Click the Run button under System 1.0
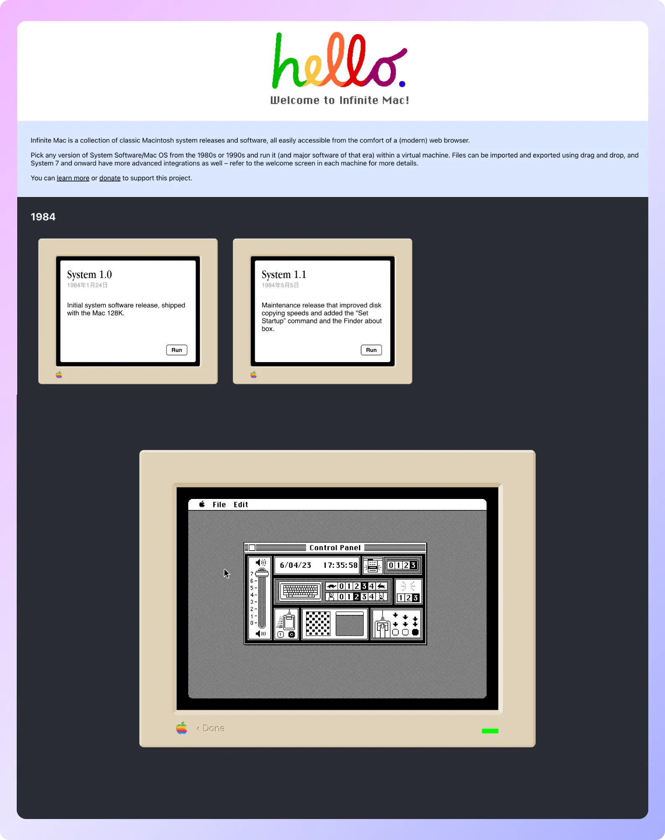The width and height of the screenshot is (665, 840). [x=177, y=350]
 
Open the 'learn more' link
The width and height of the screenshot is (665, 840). [x=73, y=178]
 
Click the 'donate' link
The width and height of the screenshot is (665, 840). [x=110, y=178]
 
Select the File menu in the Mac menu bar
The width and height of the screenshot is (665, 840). [x=219, y=504]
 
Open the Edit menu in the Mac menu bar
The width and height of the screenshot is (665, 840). [x=241, y=504]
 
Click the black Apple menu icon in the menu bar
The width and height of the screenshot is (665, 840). [x=202, y=504]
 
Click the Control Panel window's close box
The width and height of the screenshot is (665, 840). [x=252, y=548]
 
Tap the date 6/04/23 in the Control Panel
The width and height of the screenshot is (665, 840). [x=296, y=565]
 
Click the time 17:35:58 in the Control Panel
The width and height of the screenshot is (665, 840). [x=340, y=565]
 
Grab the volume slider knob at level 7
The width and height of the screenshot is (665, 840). [x=262, y=573]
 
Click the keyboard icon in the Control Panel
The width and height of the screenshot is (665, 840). [x=300, y=591]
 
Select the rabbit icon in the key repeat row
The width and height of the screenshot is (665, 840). [x=381, y=586]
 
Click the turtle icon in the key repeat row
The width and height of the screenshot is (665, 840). [x=332, y=586]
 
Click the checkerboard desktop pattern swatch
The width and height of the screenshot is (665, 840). [x=318, y=624]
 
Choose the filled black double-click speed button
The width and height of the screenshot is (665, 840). [x=415, y=632]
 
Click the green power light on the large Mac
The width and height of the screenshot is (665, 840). [x=490, y=731]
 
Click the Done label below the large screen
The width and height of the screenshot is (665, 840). [x=213, y=728]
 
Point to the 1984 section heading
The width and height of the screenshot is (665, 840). [x=43, y=217]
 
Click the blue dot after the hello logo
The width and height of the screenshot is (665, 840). [x=402, y=84]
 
